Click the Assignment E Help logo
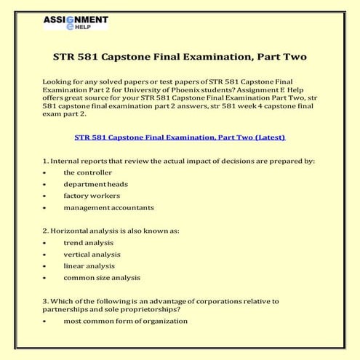point(75,22)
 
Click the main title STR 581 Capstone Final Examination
point(180,56)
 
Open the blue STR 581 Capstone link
point(180,137)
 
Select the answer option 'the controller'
point(87,172)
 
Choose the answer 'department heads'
point(95,184)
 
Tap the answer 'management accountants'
point(108,207)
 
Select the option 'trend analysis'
point(88,243)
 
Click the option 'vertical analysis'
point(92,255)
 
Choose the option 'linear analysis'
point(89,266)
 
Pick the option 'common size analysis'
point(102,278)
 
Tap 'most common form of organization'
point(125,321)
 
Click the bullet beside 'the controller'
point(45,173)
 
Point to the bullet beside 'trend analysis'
point(45,244)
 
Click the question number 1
point(45,161)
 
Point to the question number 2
point(45,231)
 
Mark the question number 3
point(45,301)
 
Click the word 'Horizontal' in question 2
point(70,231)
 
